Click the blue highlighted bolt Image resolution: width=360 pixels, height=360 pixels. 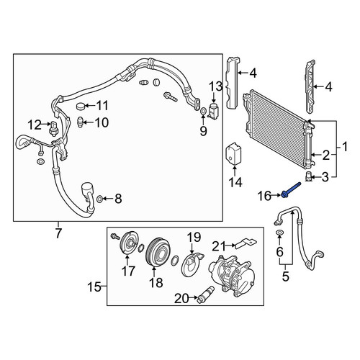(291, 189)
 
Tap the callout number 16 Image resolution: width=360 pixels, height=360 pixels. (264, 196)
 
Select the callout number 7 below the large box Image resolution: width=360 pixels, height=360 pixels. (58, 233)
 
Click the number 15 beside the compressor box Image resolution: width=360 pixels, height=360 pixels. (94, 287)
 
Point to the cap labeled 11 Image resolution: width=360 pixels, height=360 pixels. (81, 106)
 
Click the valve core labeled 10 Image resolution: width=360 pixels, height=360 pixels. (81, 122)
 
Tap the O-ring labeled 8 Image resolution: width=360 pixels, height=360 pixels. (99, 199)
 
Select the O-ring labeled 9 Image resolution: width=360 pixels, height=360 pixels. (203, 111)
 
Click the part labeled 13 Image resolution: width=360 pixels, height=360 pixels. (212, 111)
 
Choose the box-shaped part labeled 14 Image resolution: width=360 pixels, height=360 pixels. (233, 153)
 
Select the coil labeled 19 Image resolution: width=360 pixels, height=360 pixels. (192, 264)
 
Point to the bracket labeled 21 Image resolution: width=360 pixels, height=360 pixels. (246, 243)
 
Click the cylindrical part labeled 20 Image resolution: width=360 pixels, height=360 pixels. (205, 294)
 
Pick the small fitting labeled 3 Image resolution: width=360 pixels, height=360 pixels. (308, 177)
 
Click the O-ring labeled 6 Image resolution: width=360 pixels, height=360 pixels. (279, 233)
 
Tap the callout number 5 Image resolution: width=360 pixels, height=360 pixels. (285, 276)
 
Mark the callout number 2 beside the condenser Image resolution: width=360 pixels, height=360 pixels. (326, 156)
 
